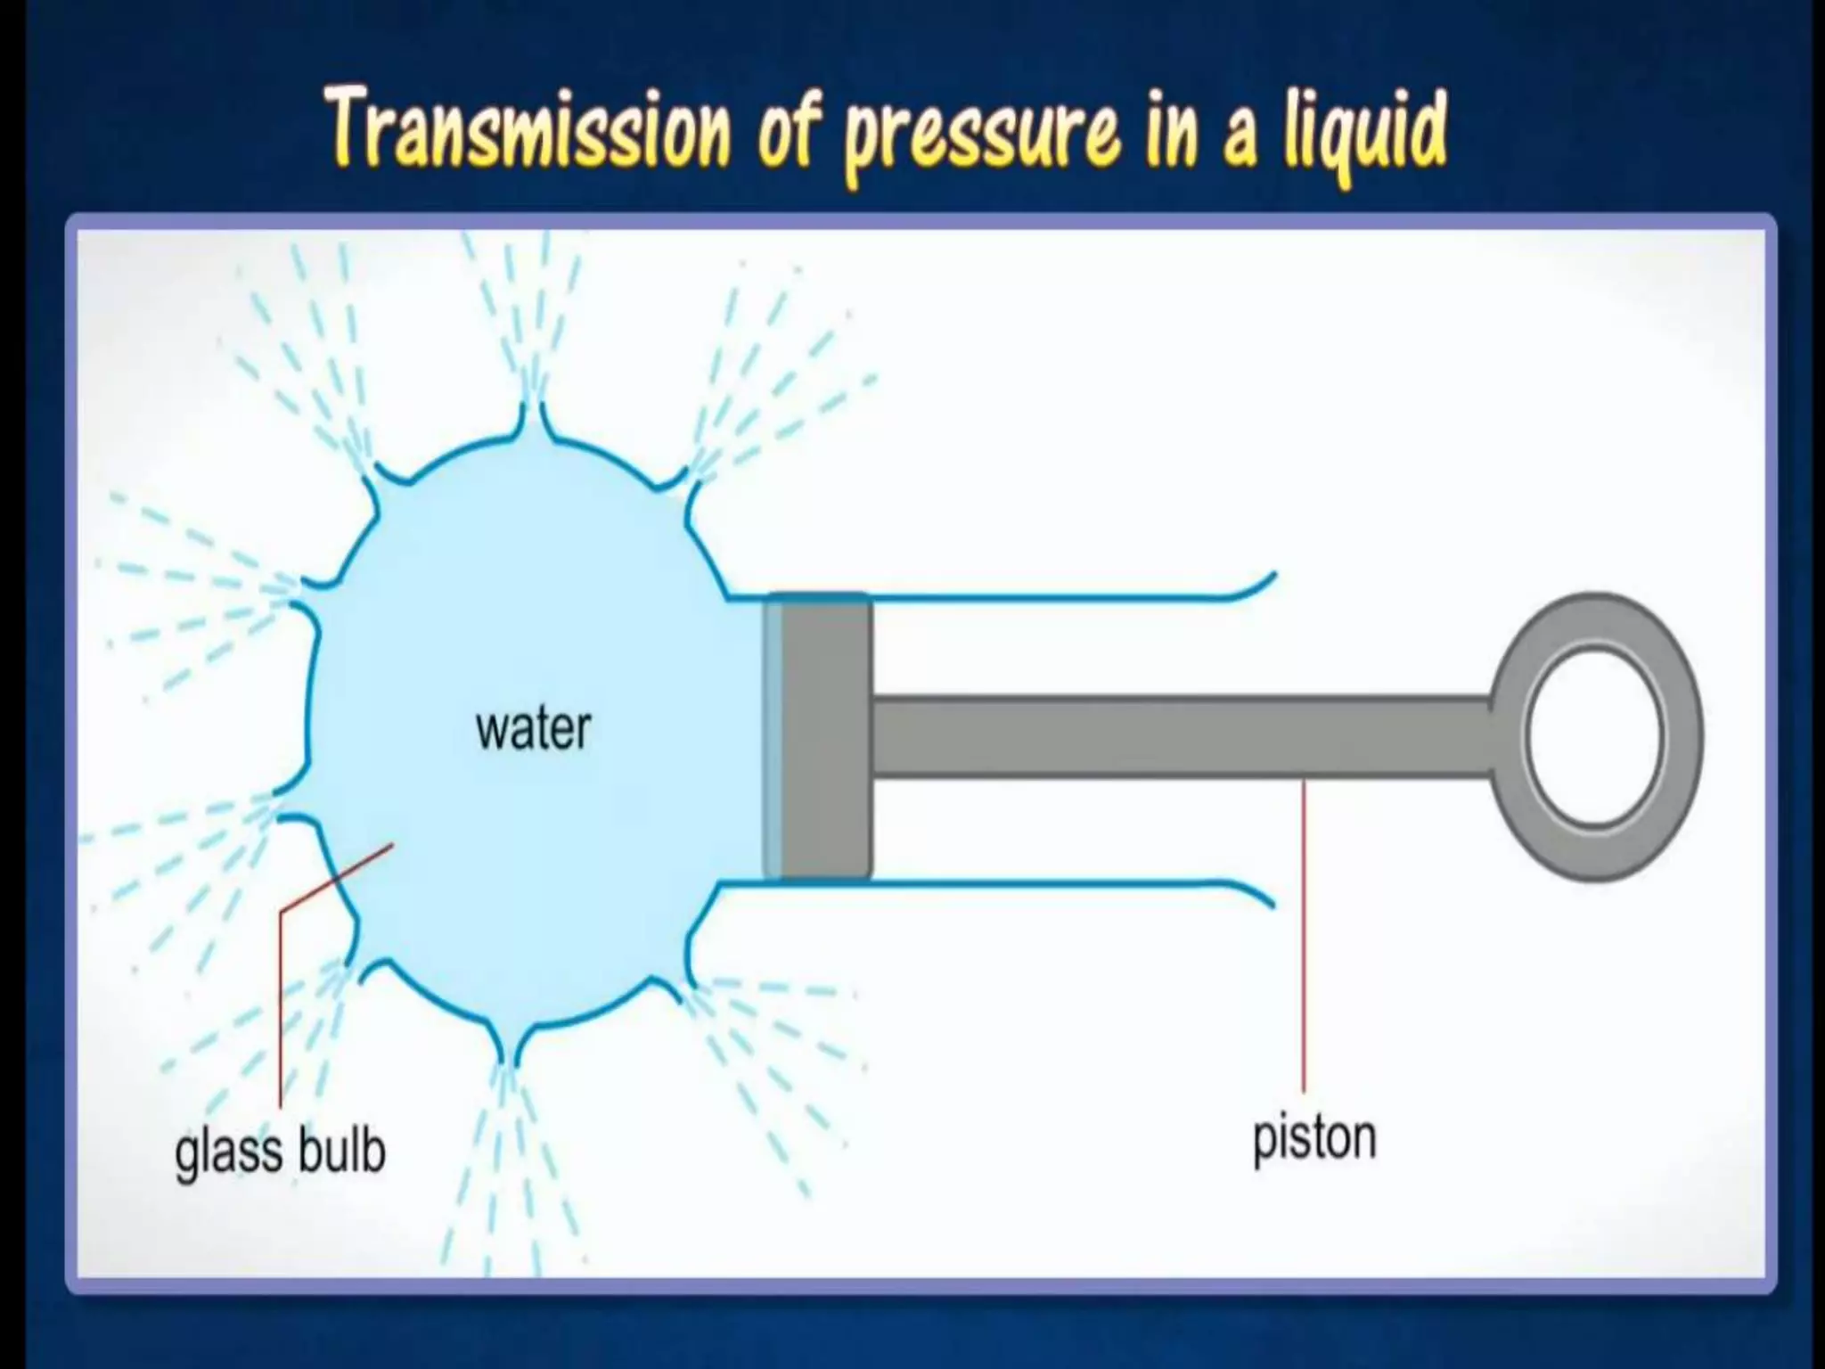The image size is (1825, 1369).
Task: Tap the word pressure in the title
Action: [x=980, y=139]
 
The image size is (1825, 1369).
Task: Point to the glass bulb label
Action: [x=280, y=1152]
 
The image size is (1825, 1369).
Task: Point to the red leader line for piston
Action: [x=1304, y=936]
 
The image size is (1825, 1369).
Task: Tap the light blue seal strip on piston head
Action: [x=773, y=735]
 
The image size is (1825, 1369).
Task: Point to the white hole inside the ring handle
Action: [x=1595, y=736]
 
